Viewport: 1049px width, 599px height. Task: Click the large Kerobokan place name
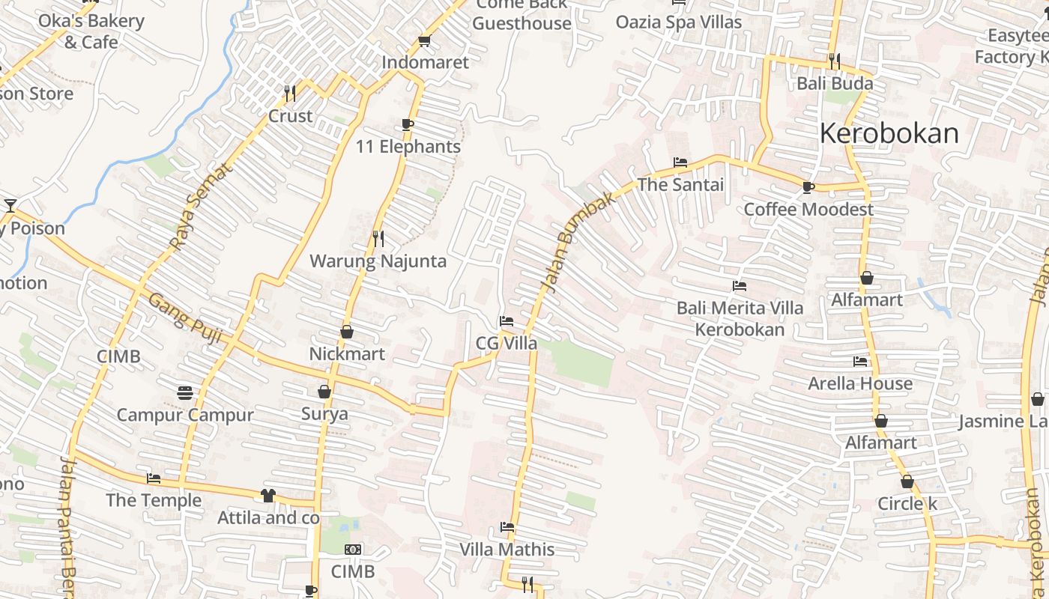889,133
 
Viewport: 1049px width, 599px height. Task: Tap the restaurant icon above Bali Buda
835,61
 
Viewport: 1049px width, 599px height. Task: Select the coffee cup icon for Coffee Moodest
808,187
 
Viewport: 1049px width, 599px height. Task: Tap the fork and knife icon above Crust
290,94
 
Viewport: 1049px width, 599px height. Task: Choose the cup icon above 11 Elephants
408,124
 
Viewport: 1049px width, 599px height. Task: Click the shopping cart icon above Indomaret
425,40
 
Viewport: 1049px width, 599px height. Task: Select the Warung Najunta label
378,261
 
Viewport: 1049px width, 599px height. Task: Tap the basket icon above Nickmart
347,331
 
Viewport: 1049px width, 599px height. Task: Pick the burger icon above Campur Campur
185,392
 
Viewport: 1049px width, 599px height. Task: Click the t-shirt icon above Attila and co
268,495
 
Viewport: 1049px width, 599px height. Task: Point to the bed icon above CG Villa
507,321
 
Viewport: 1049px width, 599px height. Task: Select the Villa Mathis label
507,550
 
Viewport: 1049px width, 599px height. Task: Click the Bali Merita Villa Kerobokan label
740,318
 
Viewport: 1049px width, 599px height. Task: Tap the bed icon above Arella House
860,361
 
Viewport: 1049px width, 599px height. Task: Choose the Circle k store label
907,504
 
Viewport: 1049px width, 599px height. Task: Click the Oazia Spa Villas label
679,22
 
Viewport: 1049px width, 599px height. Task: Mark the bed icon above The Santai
680,162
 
